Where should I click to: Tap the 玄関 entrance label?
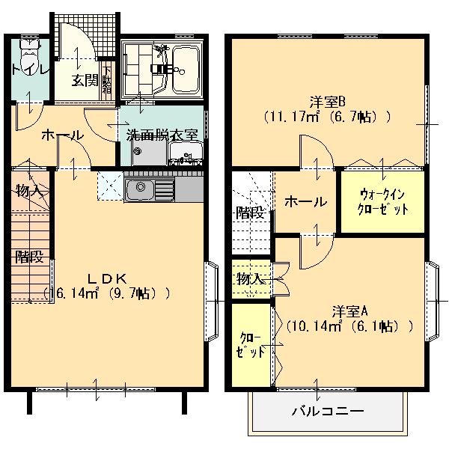click(x=85, y=80)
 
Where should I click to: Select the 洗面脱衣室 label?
click(x=162, y=135)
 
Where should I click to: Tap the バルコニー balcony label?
click(x=327, y=411)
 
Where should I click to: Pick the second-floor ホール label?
click(x=305, y=201)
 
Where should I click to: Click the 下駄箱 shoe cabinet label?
click(x=107, y=80)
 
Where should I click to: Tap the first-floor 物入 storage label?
click(x=29, y=191)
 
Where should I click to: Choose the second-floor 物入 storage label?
click(x=250, y=279)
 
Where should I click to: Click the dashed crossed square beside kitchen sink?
click(x=109, y=185)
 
